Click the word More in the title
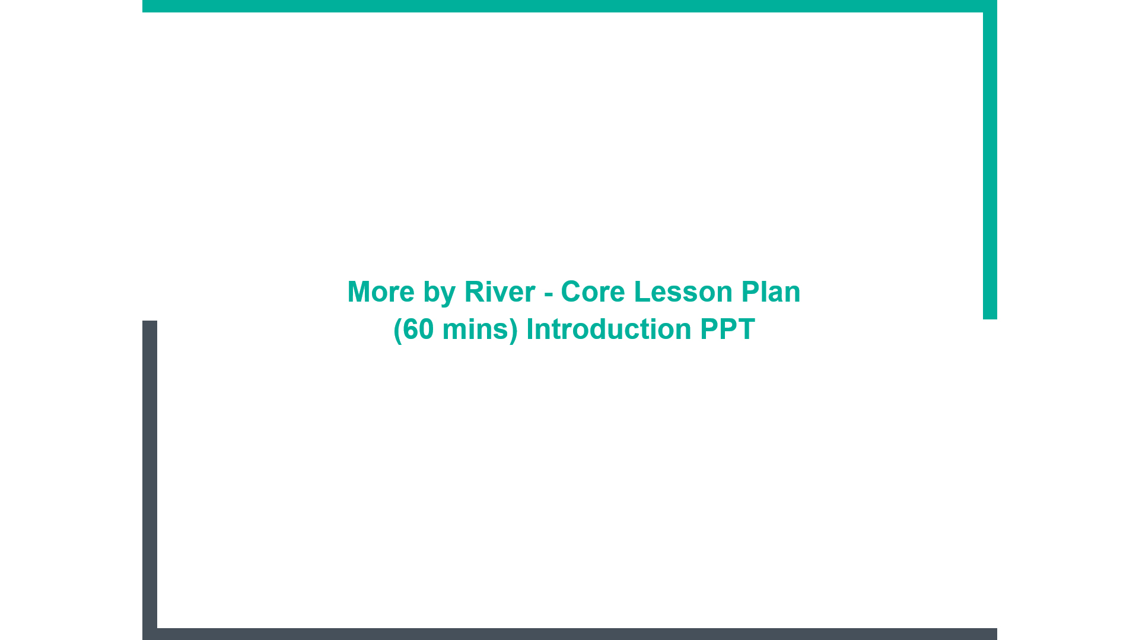[x=381, y=292]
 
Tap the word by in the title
[x=439, y=293]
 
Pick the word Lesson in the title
[x=683, y=292]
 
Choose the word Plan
[x=771, y=292]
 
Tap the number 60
[x=418, y=329]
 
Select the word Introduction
[x=609, y=329]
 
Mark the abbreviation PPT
[x=727, y=329]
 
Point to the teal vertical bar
[x=990, y=159]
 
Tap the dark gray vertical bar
[x=149, y=480]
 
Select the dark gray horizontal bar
[x=569, y=634]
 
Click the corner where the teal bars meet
[x=990, y=6]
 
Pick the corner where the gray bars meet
[x=149, y=634]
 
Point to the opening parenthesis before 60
[x=398, y=330]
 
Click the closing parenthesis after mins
[x=514, y=330]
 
